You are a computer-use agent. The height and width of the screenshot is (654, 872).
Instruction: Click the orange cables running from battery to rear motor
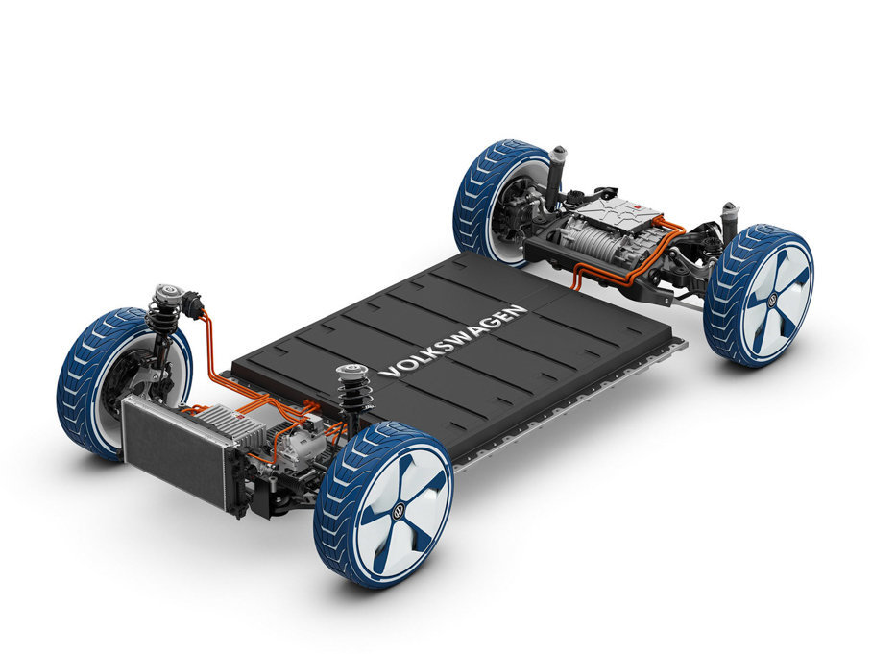(x=615, y=274)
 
